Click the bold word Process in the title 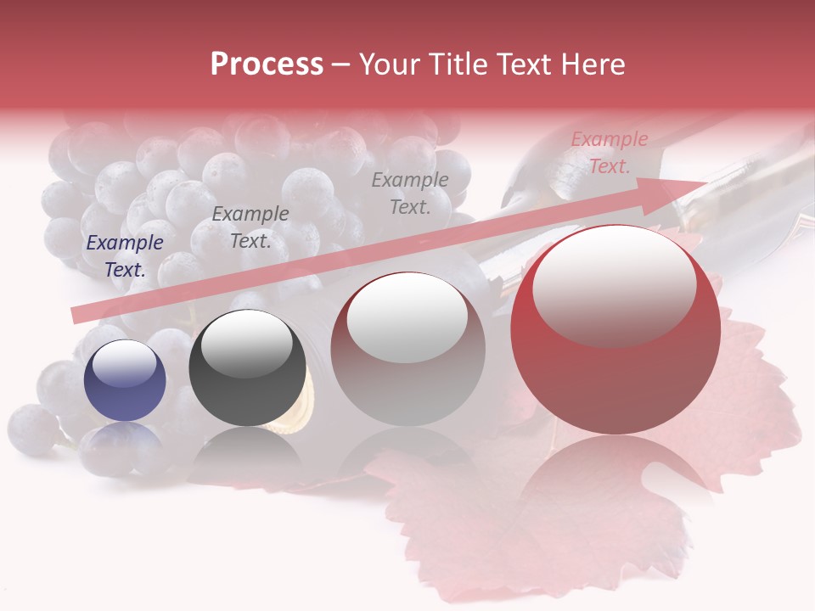[267, 64]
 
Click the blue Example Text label [125, 256]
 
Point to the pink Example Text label [610, 153]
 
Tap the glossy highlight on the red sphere [614, 284]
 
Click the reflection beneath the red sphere [615, 484]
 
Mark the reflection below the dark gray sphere [247, 454]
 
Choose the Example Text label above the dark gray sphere [250, 227]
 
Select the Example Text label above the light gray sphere [410, 193]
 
